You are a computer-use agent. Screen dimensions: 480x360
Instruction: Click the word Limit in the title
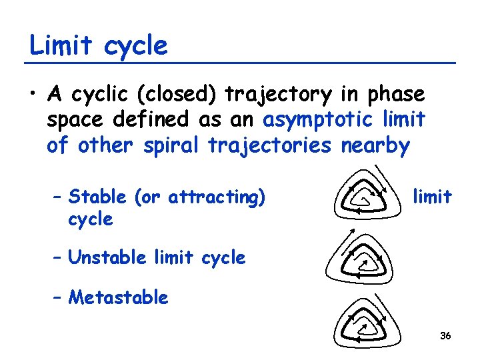(x=59, y=46)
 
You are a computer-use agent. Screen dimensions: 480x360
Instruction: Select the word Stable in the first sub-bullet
(x=97, y=197)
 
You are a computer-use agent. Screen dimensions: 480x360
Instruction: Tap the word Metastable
(x=118, y=297)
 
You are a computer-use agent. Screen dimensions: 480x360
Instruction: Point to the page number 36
(x=445, y=335)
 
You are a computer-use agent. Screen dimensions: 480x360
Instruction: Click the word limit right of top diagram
(x=432, y=197)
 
